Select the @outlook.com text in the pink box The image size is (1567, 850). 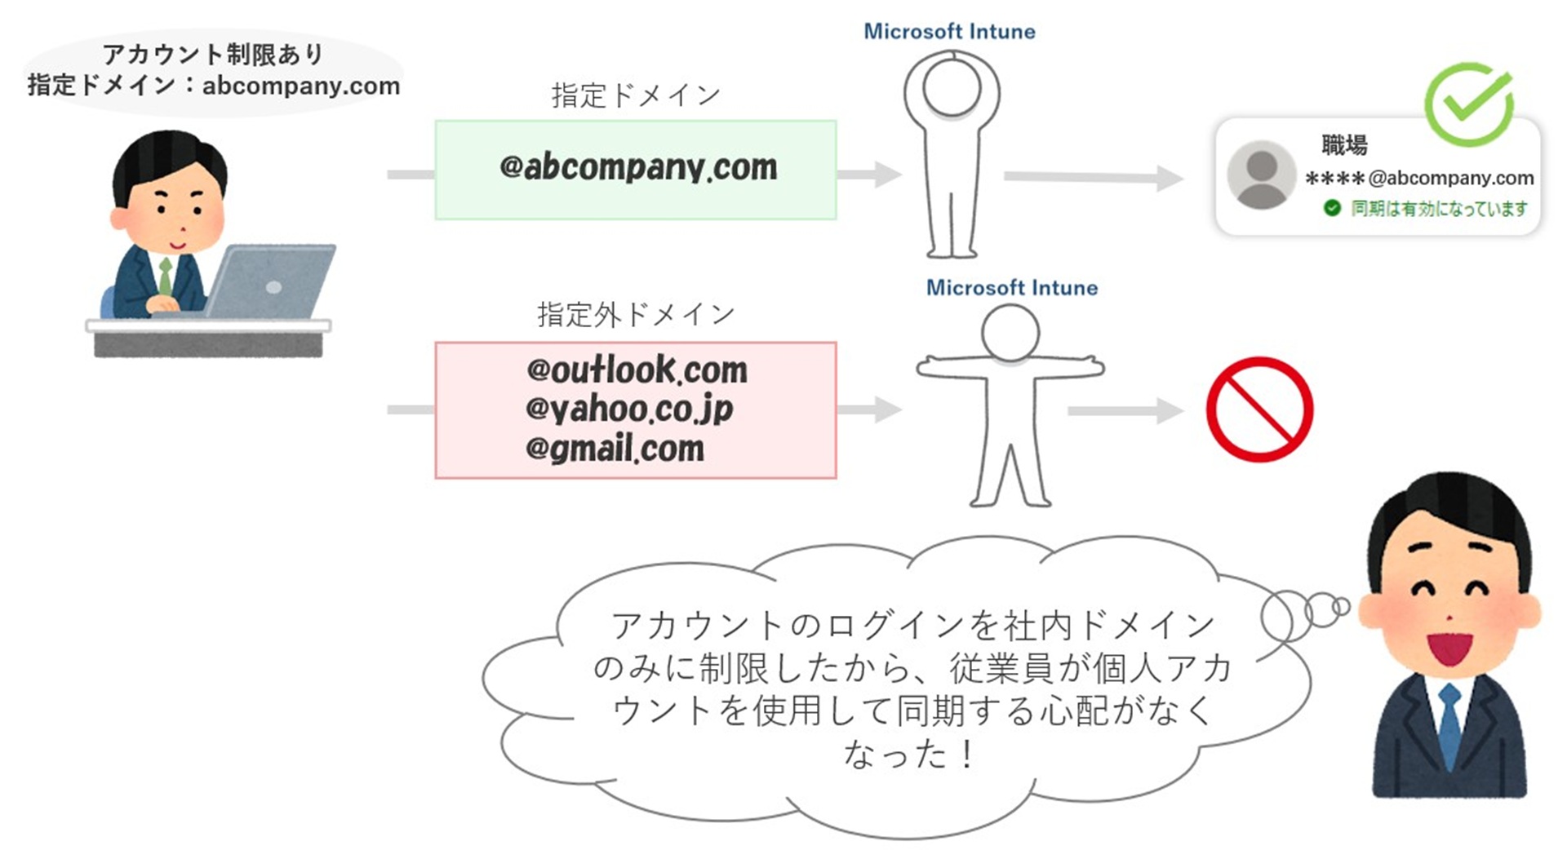click(x=637, y=370)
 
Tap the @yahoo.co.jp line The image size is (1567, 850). click(x=628, y=409)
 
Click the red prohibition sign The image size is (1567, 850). click(x=1259, y=410)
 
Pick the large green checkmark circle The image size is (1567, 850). click(x=1469, y=104)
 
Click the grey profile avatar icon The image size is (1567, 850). click(x=1261, y=175)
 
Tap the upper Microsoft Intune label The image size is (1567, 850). click(x=949, y=32)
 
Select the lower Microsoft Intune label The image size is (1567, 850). click(x=1011, y=288)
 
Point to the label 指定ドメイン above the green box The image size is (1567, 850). click(x=635, y=95)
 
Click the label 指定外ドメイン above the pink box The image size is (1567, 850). click(x=635, y=314)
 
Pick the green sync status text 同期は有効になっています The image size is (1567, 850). click(x=1439, y=209)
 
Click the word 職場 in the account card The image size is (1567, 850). click(x=1344, y=145)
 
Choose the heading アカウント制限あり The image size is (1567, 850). click(x=213, y=55)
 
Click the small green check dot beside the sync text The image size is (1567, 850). click(x=1332, y=208)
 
